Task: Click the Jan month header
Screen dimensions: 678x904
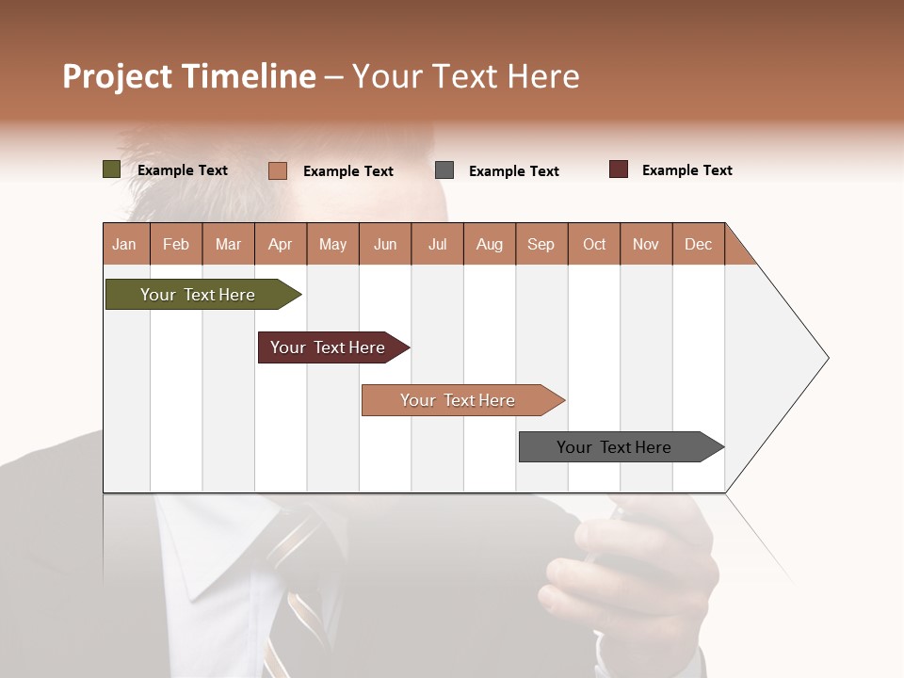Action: [125, 244]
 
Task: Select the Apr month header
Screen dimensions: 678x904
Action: [281, 244]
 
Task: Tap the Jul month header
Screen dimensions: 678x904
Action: [437, 244]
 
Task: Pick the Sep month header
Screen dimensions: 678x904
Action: [541, 244]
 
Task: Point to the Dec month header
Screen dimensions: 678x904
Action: [698, 244]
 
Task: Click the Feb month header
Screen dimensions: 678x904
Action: [176, 244]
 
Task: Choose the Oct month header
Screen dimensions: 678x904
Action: [594, 244]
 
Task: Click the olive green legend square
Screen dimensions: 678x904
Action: [111, 169]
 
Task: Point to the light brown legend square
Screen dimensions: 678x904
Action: [277, 170]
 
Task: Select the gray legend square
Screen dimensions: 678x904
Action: [444, 170]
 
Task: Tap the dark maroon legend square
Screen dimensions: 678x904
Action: [619, 169]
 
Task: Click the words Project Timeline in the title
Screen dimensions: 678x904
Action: [188, 76]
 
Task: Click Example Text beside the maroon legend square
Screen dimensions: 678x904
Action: [686, 170]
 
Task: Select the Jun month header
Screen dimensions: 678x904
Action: [385, 244]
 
